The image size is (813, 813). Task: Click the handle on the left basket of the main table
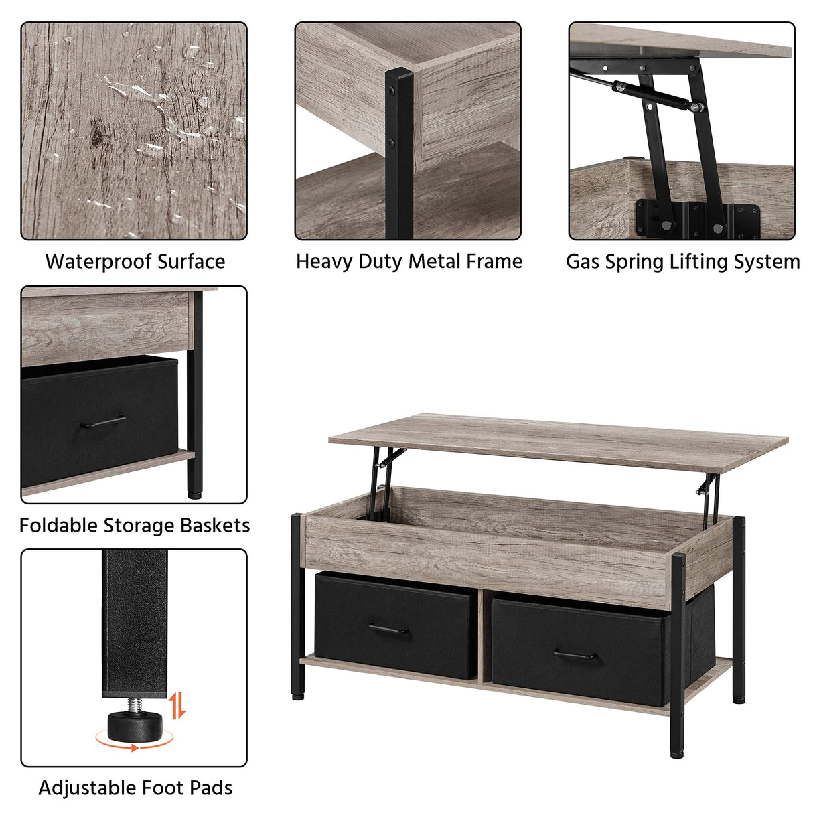click(388, 630)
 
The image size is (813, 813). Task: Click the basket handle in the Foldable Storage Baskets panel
click(102, 423)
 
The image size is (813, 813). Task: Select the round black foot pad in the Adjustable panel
click(132, 724)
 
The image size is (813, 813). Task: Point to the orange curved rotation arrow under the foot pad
click(134, 742)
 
